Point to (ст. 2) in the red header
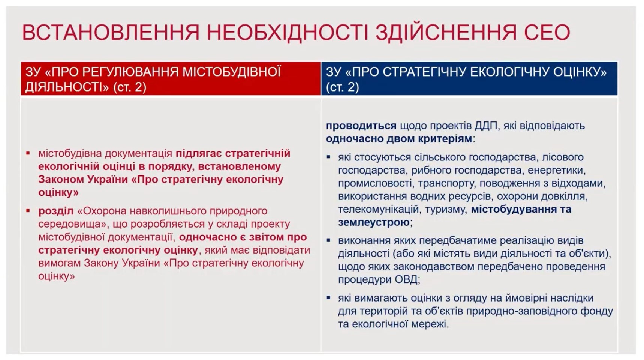point(129,87)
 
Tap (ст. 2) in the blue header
point(342,87)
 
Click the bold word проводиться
point(361,126)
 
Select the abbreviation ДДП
point(486,126)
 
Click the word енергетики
point(556,170)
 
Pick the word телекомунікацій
point(378,209)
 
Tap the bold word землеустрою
point(374,222)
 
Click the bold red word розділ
point(56,211)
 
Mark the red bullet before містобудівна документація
point(28,153)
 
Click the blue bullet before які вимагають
point(329,298)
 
